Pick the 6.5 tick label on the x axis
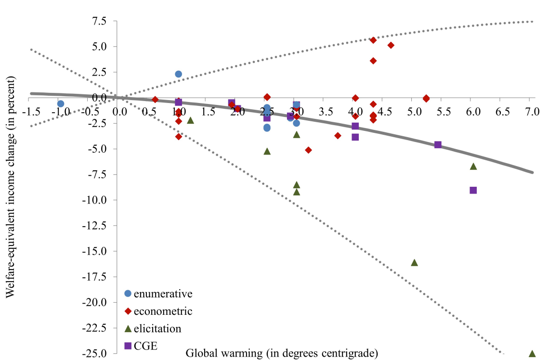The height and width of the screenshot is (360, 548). click(x=501, y=111)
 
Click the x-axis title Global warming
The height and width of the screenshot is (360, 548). click(x=282, y=353)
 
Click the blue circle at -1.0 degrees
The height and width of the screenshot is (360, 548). click(x=61, y=103)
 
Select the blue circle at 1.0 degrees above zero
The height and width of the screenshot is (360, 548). click(x=178, y=74)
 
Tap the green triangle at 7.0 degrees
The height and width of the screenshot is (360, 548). click(x=532, y=353)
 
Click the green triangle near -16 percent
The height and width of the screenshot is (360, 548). click(x=414, y=262)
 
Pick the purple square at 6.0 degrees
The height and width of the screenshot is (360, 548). click(x=473, y=190)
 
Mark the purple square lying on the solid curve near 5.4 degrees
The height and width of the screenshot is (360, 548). click(x=438, y=144)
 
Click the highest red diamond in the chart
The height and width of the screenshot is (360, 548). click(x=373, y=40)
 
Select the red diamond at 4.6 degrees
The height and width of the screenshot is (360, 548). click(x=391, y=45)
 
